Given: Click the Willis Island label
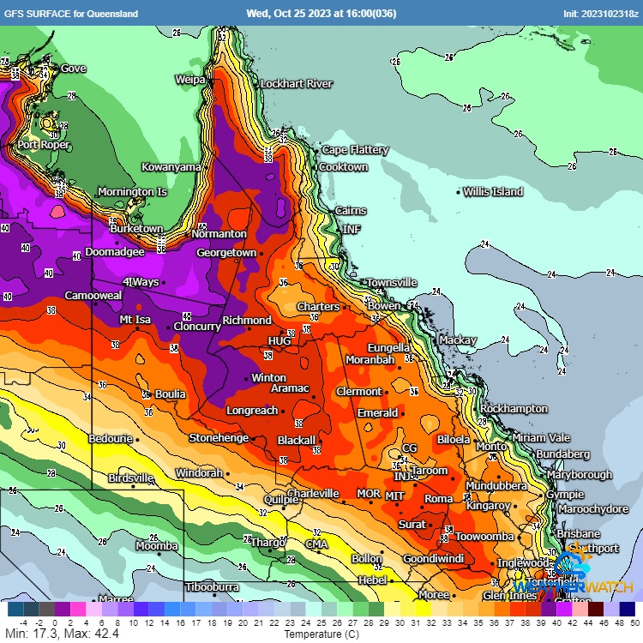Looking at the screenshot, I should tap(493, 192).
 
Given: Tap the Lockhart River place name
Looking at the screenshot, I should tap(296, 84).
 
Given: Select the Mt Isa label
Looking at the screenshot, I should tap(135, 320).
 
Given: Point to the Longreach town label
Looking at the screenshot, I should tap(251, 411).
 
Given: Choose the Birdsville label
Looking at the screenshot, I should tap(131, 478).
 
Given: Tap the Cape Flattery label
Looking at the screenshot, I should tap(355, 150).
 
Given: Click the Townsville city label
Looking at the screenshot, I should tap(392, 283).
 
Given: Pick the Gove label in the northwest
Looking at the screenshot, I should tap(73, 69).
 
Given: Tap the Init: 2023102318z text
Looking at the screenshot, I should tap(599, 13).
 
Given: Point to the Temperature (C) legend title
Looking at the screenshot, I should tap(321, 634).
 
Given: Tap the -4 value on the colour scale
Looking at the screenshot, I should tap(22, 623).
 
